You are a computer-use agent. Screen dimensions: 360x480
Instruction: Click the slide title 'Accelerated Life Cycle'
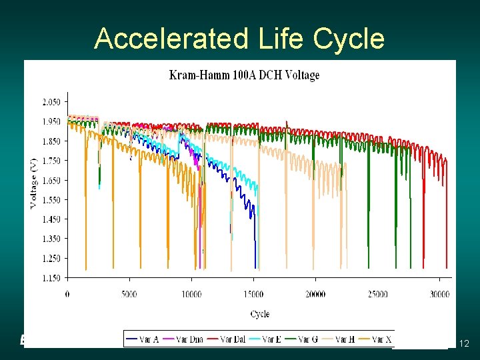coord(239,39)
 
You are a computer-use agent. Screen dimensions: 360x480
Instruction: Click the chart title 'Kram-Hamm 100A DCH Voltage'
coord(245,75)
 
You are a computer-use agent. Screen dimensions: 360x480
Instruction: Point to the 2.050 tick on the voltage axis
coord(51,102)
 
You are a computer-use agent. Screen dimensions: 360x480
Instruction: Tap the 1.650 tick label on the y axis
coord(51,180)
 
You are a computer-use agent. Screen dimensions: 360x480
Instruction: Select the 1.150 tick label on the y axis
coord(51,277)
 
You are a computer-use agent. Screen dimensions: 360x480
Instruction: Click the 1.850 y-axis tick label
coord(51,141)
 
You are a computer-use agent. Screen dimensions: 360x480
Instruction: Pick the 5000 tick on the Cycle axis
coord(129,294)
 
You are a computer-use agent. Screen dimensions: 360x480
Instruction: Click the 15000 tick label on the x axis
coord(253,294)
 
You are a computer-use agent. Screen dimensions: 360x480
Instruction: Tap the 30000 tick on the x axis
coord(439,294)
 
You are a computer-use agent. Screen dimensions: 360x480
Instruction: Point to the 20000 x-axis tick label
coord(315,294)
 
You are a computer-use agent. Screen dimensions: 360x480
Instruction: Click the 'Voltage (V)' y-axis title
coord(33,189)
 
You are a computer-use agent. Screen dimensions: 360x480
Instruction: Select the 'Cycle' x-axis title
coord(260,313)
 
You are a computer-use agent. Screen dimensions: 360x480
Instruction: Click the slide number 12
coord(465,343)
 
